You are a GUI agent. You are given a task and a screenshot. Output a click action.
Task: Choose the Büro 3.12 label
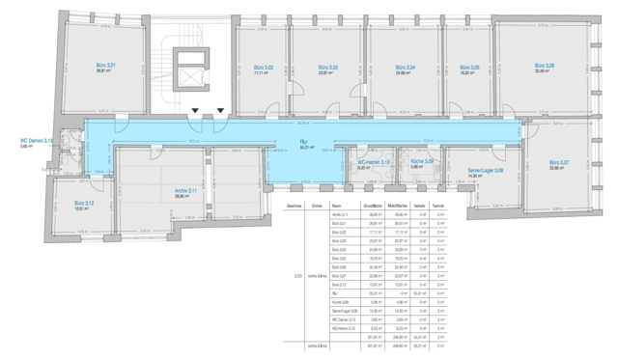(83, 203)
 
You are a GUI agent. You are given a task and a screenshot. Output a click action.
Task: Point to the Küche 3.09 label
(423, 162)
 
